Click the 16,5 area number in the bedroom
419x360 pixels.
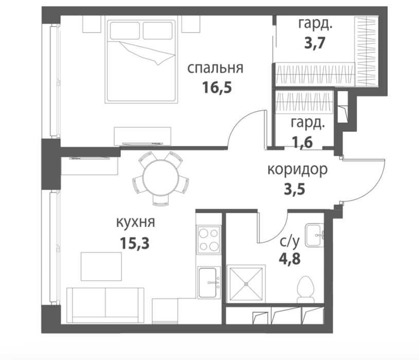tap(217, 87)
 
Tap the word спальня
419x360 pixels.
tap(215, 68)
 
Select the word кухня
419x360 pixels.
tap(136, 222)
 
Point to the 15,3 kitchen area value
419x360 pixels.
tap(135, 243)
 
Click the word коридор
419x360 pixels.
tap(298, 170)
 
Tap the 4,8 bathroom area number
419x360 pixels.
tap(290, 258)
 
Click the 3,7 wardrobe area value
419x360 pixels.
tap(315, 43)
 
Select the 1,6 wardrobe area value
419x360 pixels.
tap(303, 142)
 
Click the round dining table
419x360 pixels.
tap(161, 178)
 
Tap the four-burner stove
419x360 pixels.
tap(208, 240)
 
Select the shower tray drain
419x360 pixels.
tap(246, 284)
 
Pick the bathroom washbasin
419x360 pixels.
tap(315, 235)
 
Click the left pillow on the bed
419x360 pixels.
tap(125, 31)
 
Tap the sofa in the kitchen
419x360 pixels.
tap(106, 305)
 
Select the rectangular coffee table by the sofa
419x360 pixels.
tap(101, 266)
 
